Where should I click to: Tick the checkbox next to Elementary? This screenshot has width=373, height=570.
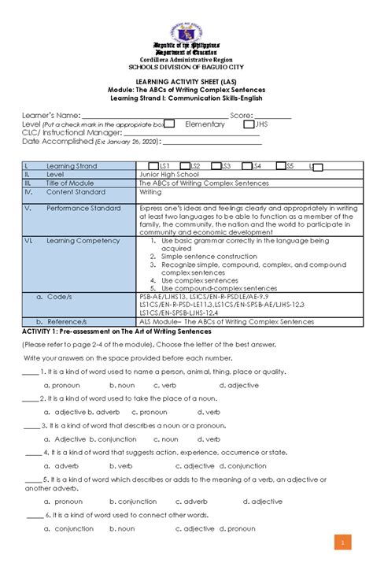tap(168, 124)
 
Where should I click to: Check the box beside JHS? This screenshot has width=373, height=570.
tap(249, 124)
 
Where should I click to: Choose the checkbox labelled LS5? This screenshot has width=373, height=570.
tap(279, 166)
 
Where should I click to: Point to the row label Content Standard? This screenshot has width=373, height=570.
tap(76, 191)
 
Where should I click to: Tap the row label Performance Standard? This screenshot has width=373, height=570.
tap(83, 209)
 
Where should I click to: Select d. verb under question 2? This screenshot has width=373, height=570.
tap(209, 412)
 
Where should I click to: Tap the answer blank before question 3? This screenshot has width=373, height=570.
tap(32, 425)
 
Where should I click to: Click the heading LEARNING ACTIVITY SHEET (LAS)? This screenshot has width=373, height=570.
tap(186, 81)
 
